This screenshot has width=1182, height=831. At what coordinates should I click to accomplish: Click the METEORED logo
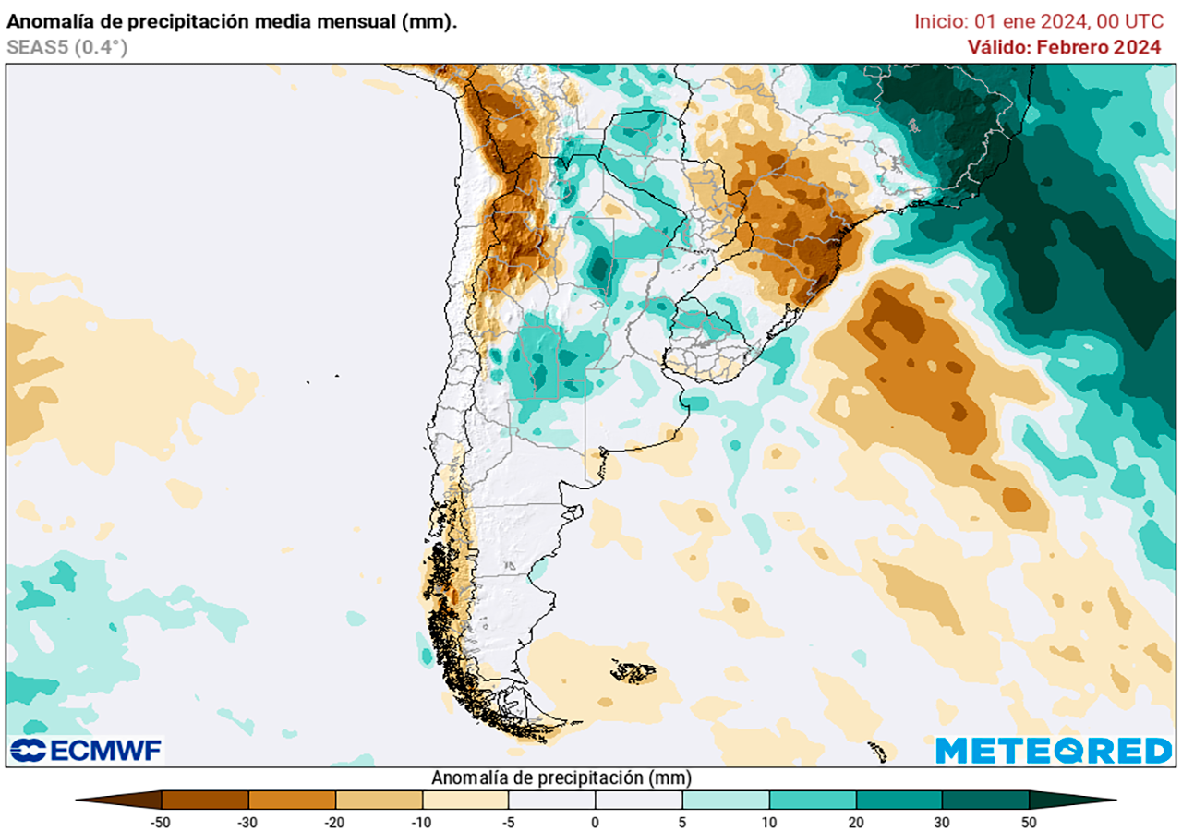click(x=1054, y=750)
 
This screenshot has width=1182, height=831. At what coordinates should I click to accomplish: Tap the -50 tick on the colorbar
click(x=162, y=821)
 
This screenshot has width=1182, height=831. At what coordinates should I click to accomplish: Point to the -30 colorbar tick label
click(x=248, y=821)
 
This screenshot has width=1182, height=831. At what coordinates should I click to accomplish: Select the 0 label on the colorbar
click(x=595, y=821)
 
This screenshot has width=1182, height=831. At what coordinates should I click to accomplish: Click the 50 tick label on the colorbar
click(x=1029, y=821)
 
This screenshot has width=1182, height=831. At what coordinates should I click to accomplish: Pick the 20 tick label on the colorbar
click(x=855, y=821)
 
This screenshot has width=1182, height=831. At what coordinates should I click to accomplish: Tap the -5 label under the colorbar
click(x=509, y=821)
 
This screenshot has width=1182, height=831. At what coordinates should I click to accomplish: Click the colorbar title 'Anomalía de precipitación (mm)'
click(x=561, y=777)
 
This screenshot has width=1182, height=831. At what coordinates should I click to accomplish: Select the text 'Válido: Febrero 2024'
click(x=1064, y=47)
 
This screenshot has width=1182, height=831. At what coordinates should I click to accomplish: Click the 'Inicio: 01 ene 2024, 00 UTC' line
click(x=1039, y=21)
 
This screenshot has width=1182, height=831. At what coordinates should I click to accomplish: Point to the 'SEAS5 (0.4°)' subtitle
click(x=66, y=47)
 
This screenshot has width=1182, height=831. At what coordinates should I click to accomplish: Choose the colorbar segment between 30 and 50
click(x=985, y=800)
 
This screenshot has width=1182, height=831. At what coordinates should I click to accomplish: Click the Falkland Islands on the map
click(x=633, y=671)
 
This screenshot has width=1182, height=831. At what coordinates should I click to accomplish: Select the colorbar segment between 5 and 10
click(x=726, y=800)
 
